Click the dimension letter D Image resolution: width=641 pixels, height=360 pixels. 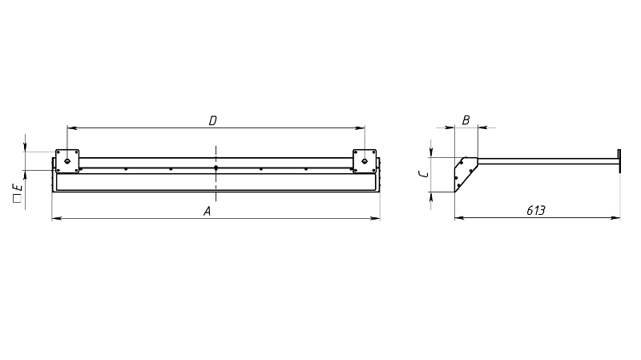(x=212, y=121)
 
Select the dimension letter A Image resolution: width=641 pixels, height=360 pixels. (x=208, y=212)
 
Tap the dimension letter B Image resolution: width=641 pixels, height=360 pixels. (x=466, y=120)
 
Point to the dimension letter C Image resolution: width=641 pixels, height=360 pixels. (x=425, y=174)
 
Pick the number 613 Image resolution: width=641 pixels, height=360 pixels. (x=535, y=211)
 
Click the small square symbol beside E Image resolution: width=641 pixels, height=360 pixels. (x=17, y=199)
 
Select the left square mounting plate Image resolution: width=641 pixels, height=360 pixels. (x=67, y=161)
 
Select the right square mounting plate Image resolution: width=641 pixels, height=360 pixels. (x=365, y=161)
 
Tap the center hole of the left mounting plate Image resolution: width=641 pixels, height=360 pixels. (x=67, y=161)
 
